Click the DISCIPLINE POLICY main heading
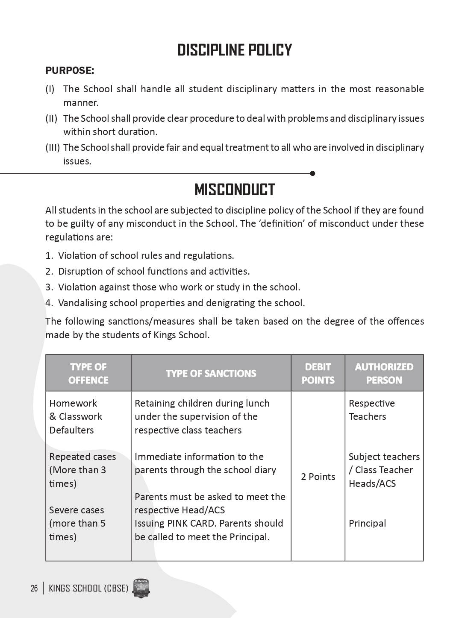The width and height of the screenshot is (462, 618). [235, 50]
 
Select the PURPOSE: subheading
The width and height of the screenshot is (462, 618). [70, 70]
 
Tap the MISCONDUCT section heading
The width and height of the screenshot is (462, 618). [235, 190]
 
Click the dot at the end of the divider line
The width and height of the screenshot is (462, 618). [312, 173]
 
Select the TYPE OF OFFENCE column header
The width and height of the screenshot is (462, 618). [88, 373]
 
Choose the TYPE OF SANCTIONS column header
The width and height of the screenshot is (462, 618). [211, 373]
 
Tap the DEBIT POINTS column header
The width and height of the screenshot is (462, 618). [318, 373]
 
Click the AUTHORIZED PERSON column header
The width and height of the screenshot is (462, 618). [384, 373]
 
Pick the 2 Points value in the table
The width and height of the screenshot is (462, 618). [318, 477]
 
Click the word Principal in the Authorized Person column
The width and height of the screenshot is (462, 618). [367, 523]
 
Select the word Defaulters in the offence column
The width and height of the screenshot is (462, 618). [71, 430]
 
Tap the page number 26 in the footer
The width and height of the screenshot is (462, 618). [34, 589]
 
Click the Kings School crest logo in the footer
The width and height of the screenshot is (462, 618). [141, 589]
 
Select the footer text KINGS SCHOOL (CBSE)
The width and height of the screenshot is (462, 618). [88, 589]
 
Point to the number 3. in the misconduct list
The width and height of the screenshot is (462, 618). [49, 287]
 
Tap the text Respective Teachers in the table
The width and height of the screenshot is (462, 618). [371, 410]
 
